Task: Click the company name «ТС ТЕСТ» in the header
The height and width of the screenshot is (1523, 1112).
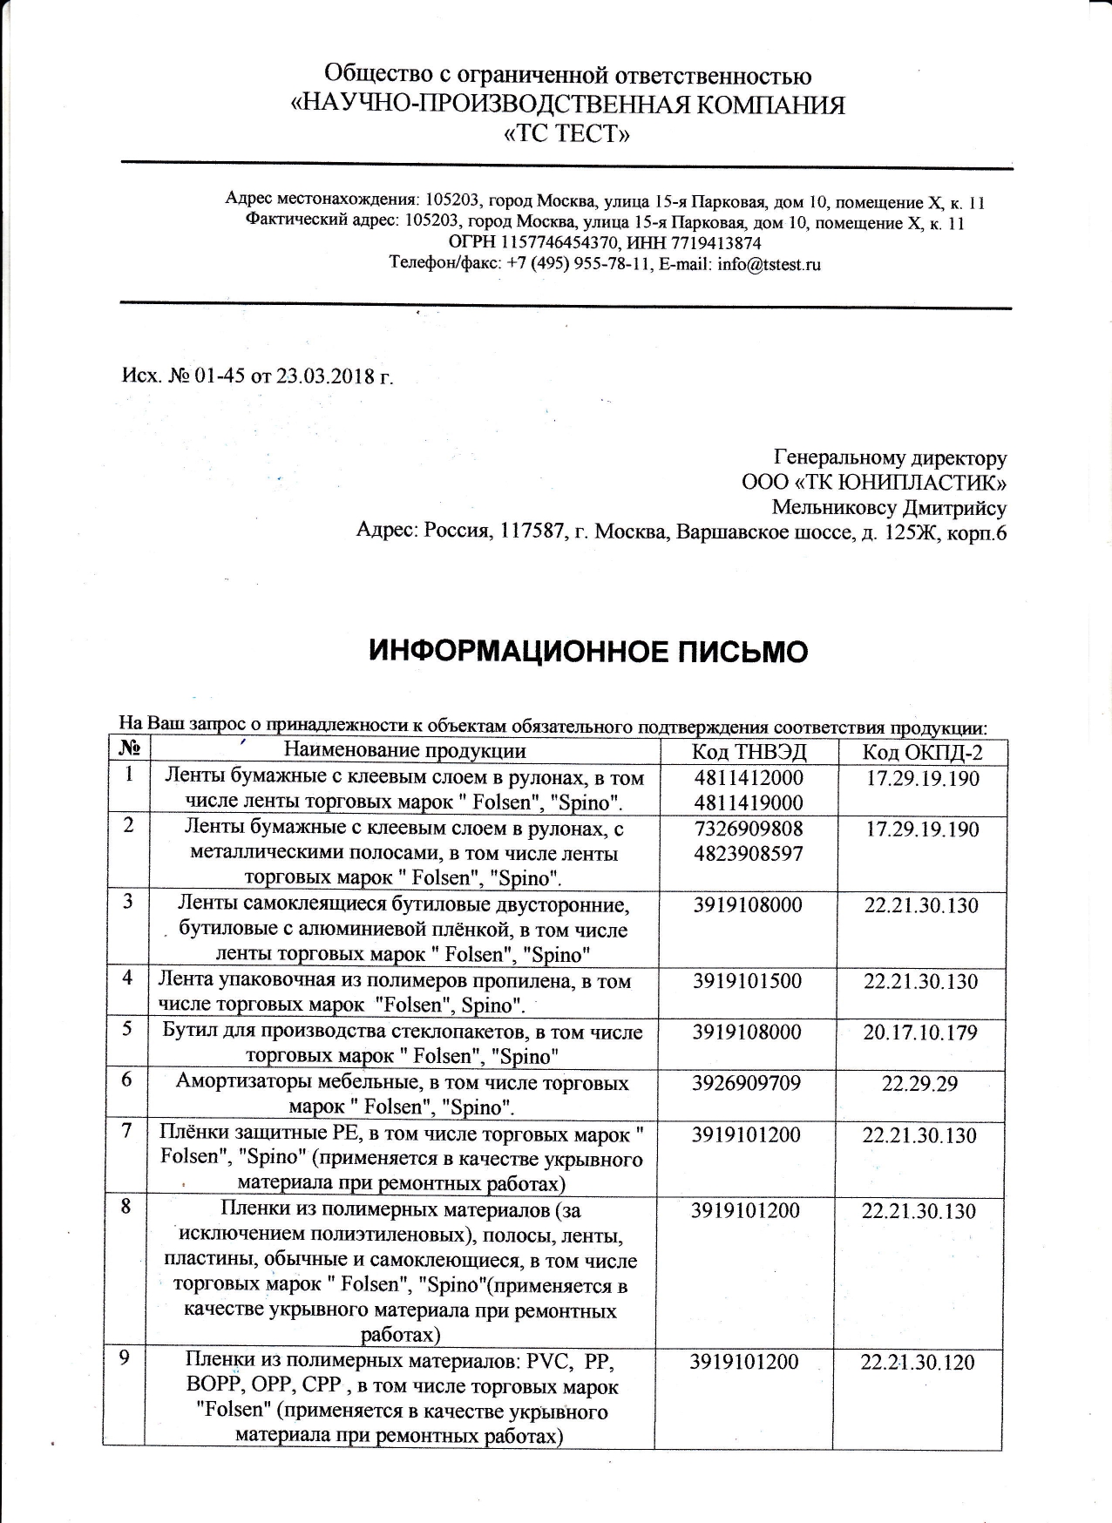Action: point(567,135)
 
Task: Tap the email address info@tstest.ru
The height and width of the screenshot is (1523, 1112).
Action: point(770,264)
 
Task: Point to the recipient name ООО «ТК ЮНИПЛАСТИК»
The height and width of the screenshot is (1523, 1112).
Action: point(874,483)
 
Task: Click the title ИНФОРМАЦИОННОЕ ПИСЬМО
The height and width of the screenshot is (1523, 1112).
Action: point(588,651)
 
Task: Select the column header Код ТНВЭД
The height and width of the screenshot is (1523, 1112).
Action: point(749,752)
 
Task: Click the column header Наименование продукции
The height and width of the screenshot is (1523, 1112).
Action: point(404,751)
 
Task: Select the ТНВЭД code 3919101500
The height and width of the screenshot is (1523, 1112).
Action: point(747,981)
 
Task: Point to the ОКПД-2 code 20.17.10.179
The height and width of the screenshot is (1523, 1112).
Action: point(921,1032)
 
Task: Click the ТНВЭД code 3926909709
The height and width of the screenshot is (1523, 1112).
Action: point(747,1084)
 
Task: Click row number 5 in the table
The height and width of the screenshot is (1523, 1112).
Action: point(127,1029)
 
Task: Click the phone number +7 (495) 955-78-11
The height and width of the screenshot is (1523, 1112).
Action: point(580,264)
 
